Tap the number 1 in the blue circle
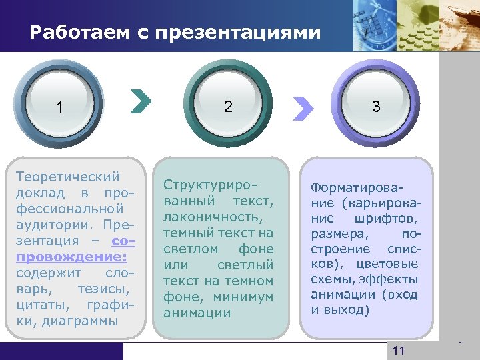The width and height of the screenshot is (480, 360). click(61, 107)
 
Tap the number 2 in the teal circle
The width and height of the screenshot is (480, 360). click(229, 106)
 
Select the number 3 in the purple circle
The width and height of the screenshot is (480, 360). click(377, 106)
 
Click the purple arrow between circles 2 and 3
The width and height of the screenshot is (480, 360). click(303, 106)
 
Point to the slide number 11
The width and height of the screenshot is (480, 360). click(399, 351)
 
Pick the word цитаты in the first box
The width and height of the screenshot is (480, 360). click(38, 305)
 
